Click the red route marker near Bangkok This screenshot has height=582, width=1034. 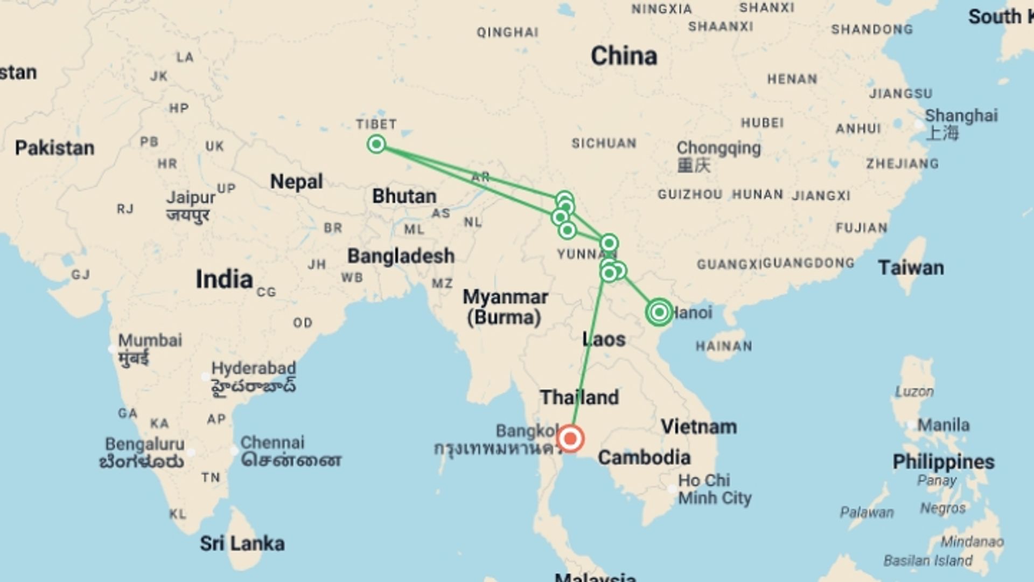click(570, 438)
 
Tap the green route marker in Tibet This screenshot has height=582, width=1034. click(376, 144)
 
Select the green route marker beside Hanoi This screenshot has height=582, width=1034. click(659, 312)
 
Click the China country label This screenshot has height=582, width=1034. click(624, 56)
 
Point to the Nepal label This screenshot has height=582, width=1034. click(296, 182)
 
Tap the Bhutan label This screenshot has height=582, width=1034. click(404, 196)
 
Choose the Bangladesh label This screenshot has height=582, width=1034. click(401, 256)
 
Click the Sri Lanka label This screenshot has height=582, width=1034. click(242, 543)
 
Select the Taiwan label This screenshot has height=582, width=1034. click(911, 268)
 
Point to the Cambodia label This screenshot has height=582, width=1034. click(644, 458)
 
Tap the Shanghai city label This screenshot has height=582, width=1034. click(961, 116)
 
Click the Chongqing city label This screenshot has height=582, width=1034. click(718, 148)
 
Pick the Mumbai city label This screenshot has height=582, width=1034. click(150, 341)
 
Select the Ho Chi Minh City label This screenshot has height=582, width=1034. click(714, 489)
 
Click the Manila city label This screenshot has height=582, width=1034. click(943, 425)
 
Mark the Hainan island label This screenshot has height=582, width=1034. click(724, 346)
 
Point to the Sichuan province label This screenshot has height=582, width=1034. click(604, 143)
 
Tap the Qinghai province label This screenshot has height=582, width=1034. click(507, 33)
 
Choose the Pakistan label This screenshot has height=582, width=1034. click(54, 148)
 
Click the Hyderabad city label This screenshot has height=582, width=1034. click(253, 369)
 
